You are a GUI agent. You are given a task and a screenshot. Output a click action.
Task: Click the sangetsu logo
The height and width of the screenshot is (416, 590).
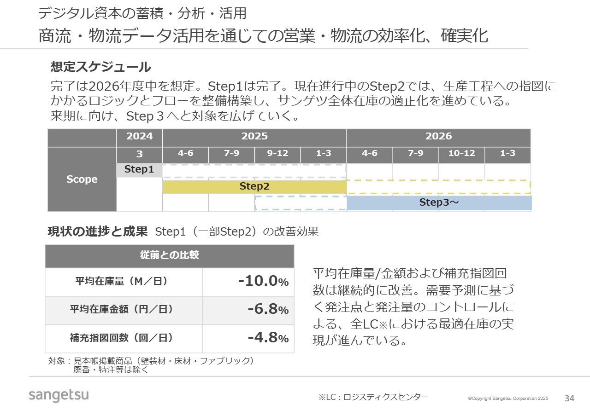coord(59,395)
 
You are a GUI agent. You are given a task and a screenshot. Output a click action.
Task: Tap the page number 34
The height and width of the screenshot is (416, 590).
coord(570,398)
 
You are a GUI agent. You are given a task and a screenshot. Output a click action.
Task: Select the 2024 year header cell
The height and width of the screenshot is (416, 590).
coord(139,136)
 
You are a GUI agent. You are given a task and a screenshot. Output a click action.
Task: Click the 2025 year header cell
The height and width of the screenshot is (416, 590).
coord(254,136)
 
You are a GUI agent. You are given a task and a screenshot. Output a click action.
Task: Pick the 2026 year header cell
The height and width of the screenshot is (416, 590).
coord(438,136)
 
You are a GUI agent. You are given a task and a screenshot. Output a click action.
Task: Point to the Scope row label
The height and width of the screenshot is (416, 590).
coord(82,179)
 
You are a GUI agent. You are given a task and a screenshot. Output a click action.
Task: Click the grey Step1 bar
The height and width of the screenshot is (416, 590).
coord(139,170)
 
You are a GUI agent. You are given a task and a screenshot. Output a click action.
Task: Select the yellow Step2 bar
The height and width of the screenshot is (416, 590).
coord(254,186)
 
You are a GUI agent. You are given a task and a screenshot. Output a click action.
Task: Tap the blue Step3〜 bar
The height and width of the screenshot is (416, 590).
coord(439,202)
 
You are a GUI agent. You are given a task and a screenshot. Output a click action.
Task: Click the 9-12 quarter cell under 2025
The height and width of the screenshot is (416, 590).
coord(277,154)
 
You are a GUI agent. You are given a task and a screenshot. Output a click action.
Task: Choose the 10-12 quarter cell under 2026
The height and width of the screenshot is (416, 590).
coord(461,154)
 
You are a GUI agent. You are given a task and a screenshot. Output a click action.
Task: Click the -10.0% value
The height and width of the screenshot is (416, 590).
coord(263,281)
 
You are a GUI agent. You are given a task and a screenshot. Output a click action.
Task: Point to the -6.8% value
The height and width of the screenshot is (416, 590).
coord(268,309)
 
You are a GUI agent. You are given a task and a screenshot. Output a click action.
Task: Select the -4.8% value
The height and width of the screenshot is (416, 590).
coord(268,338)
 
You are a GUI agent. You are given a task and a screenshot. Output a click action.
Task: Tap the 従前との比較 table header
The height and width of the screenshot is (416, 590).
coord(169,255)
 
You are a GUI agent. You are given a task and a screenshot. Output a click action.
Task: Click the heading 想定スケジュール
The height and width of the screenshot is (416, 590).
coord(100,67)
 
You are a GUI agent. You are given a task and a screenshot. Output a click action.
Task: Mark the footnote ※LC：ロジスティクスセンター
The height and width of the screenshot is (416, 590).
coord(373,397)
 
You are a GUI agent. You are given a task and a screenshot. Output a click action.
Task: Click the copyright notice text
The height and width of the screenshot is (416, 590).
coord(508,399)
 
